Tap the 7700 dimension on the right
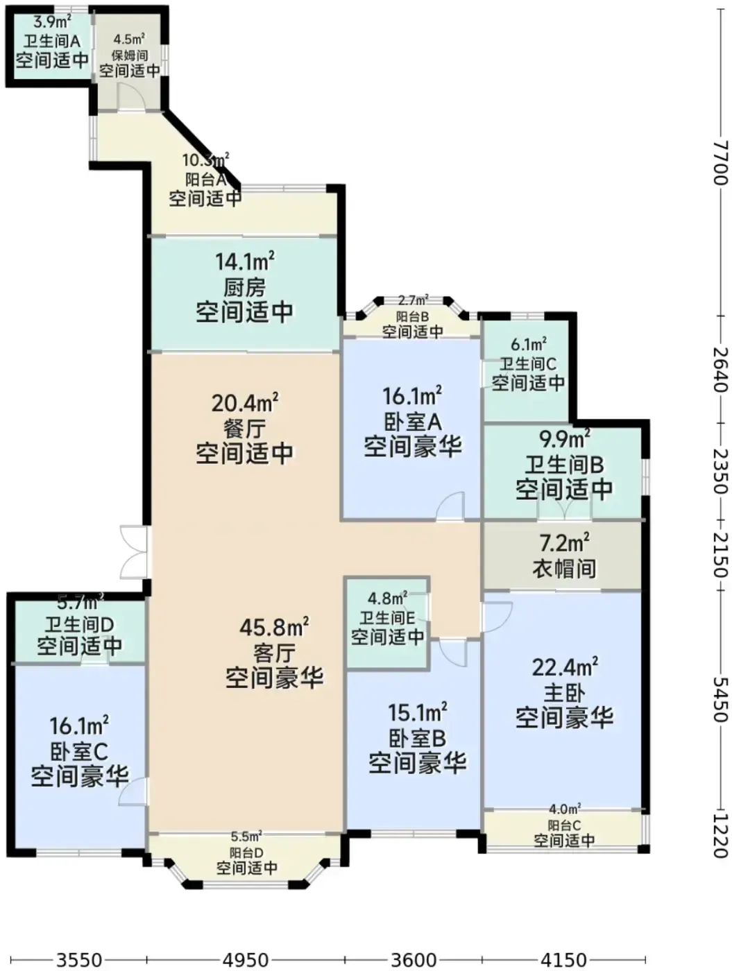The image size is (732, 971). click(720, 162)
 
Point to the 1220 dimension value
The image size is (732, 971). click(720, 836)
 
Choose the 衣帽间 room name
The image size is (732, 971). click(564, 568)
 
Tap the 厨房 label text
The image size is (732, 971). click(244, 287)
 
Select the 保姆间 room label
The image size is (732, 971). click(130, 55)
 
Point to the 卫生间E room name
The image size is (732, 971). click(387, 618)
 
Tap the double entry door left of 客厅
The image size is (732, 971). click(133, 552)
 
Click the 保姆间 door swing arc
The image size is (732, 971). click(133, 96)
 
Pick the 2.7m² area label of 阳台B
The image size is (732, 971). click(414, 300)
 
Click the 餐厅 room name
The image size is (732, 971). click(244, 428)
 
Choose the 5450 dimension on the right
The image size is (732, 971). click(720, 699)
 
